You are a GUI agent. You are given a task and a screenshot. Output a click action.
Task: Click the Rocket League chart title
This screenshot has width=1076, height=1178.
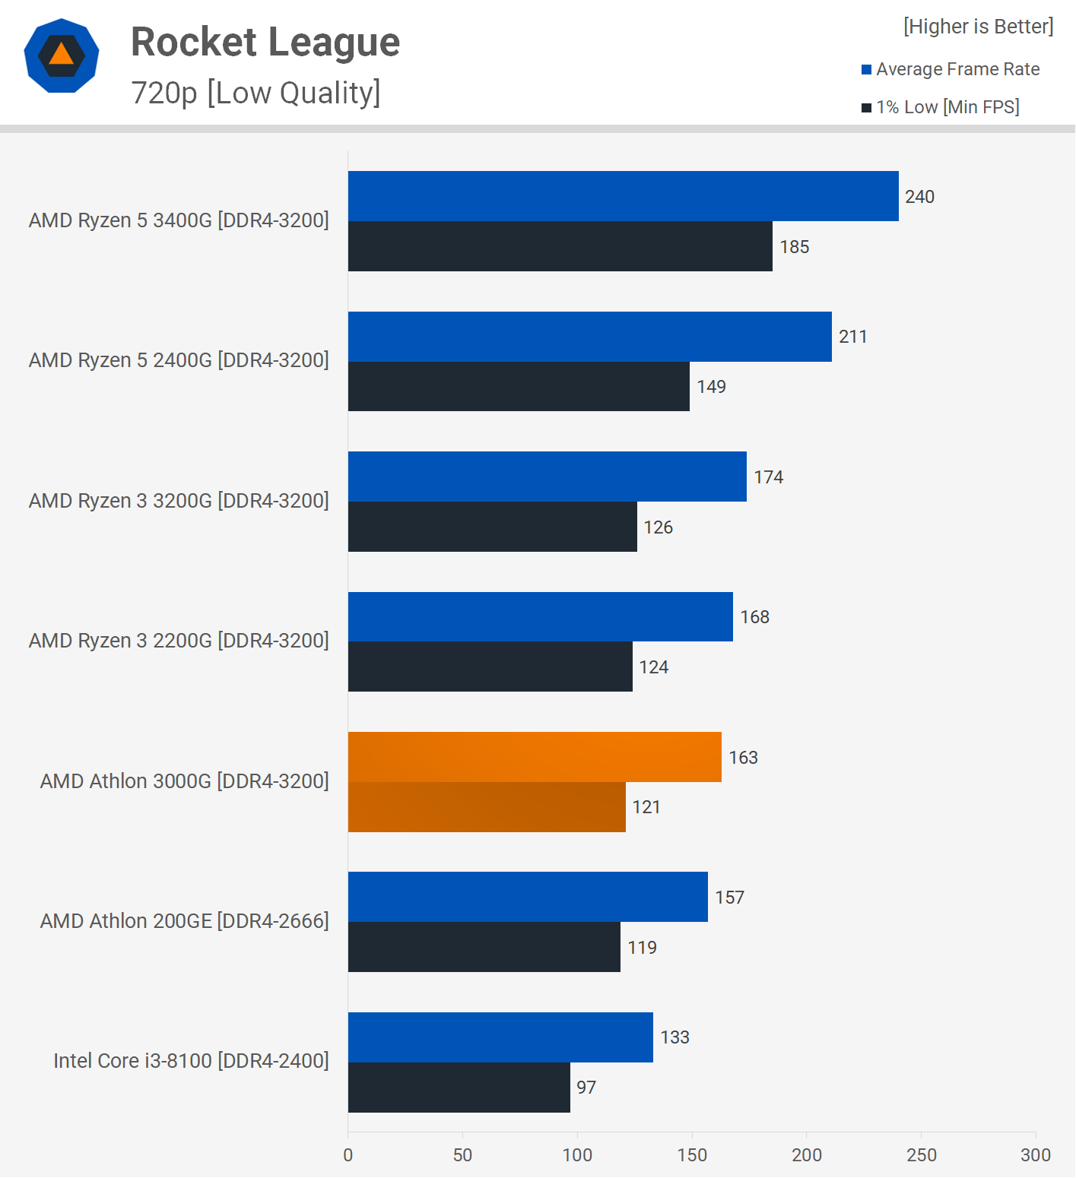coord(265,42)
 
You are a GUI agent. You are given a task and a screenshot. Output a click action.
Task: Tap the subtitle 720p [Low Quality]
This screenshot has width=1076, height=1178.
coord(256,93)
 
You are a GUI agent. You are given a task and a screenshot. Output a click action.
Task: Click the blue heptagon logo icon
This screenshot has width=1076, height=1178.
coord(62,55)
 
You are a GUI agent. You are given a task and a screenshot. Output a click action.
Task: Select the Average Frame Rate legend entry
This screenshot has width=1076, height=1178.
coord(951,69)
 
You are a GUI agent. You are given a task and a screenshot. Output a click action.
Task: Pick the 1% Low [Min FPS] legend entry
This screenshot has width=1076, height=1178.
coord(941,107)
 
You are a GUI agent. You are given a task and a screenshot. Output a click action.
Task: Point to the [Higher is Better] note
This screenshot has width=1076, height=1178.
coord(978,27)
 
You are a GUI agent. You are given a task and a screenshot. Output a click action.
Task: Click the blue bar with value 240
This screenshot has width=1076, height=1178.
coord(623,196)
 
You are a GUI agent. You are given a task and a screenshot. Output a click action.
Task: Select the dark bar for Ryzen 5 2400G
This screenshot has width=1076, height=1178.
coord(519,386)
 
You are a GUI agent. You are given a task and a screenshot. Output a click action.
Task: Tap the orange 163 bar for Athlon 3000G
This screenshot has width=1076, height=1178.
coord(535,757)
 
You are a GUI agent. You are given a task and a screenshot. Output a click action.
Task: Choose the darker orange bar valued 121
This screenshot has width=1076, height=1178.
coord(487,807)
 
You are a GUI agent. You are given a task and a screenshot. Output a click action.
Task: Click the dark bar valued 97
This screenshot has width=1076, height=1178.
coord(459,1088)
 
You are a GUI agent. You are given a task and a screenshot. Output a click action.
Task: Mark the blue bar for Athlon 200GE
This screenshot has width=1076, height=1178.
coord(528,897)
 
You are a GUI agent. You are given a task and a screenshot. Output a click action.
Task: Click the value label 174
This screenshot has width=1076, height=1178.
coord(768,477)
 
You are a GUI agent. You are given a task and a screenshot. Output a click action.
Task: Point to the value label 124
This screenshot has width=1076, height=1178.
coord(653,667)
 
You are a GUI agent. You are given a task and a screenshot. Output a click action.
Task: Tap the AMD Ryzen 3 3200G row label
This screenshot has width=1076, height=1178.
coord(179,501)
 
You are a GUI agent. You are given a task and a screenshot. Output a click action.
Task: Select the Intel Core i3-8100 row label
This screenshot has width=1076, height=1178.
coord(191,1061)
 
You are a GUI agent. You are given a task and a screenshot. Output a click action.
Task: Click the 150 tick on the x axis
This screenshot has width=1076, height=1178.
coord(692,1155)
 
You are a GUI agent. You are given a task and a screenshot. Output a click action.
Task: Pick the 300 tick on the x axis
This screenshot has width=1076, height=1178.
coord(1035,1155)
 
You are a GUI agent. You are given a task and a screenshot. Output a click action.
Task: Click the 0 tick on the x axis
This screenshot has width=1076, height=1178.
coord(348,1155)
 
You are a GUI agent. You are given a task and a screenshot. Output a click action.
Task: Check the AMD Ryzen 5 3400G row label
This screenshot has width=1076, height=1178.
coord(179,220)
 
